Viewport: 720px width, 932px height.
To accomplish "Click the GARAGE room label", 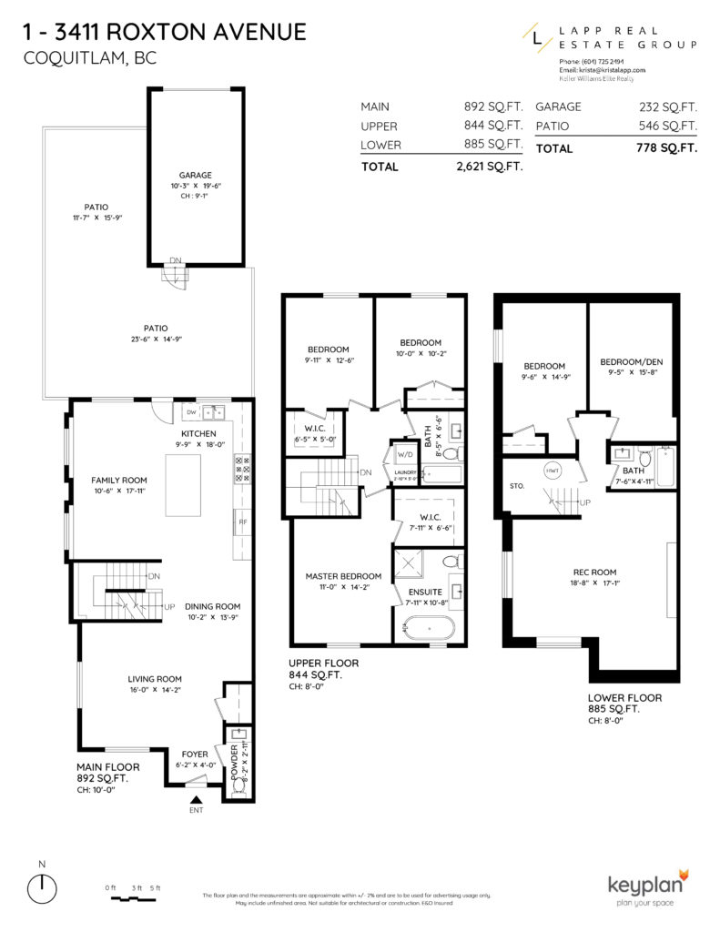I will coord(195,175).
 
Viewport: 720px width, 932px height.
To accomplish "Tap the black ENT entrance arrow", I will coord(196,798).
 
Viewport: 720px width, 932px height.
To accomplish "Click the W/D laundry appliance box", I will coord(403,455).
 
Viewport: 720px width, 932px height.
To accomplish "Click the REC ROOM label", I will coord(592,572).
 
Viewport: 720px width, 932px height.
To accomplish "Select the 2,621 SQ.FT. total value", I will coord(488,167).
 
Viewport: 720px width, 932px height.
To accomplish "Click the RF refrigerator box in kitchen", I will coord(242,523).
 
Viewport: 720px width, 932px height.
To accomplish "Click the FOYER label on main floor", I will coord(194,755).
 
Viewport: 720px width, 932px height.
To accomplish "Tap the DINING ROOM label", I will coord(212,606).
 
